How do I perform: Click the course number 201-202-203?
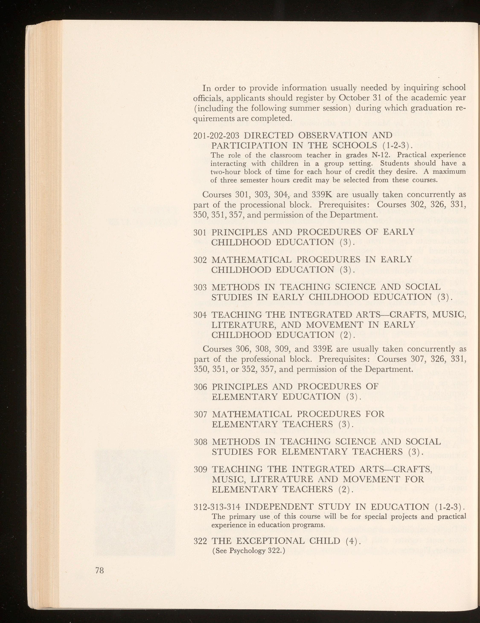(x=217, y=135)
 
